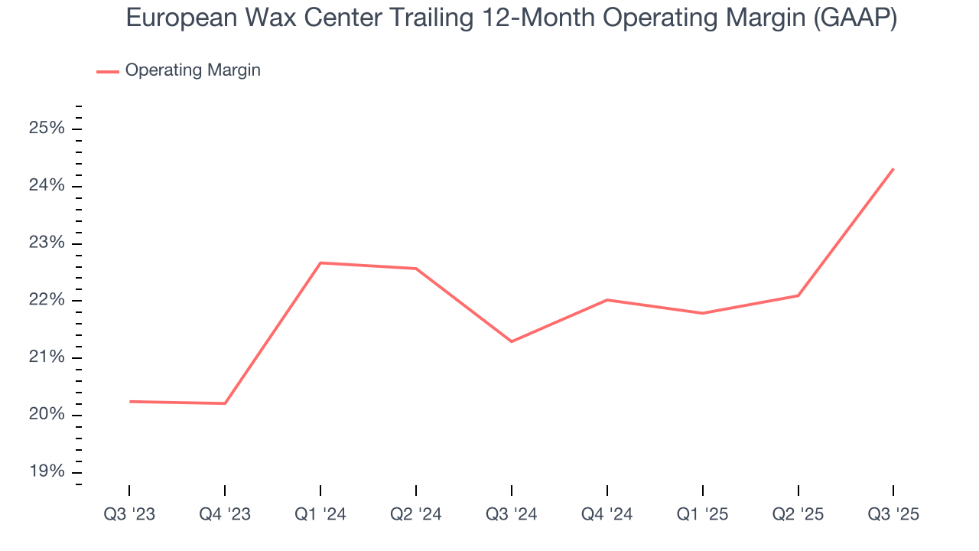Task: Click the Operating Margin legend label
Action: pyautogui.click(x=193, y=70)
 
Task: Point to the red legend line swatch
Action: pyautogui.click(x=108, y=71)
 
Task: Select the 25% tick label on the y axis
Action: pyautogui.click(x=47, y=129)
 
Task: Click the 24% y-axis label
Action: pyautogui.click(x=47, y=186)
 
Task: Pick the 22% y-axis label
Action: pyautogui.click(x=47, y=301)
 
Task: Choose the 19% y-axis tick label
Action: pyautogui.click(x=47, y=472)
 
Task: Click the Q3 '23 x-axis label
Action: pyautogui.click(x=129, y=514)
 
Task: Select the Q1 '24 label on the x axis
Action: pyautogui.click(x=320, y=514)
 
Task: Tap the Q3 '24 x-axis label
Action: pyautogui.click(x=512, y=514)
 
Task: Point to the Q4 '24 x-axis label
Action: pyautogui.click(x=607, y=514)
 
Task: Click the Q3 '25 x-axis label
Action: pyautogui.click(x=893, y=514)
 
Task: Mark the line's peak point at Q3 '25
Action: pyautogui.click(x=893, y=169)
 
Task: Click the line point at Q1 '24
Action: pyautogui.click(x=320, y=262)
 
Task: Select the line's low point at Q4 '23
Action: pyautogui.click(x=225, y=403)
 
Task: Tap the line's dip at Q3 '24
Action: pyautogui.click(x=512, y=341)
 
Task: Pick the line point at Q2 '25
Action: pyautogui.click(x=798, y=295)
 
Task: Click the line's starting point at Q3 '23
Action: pyautogui.click(x=129, y=401)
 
